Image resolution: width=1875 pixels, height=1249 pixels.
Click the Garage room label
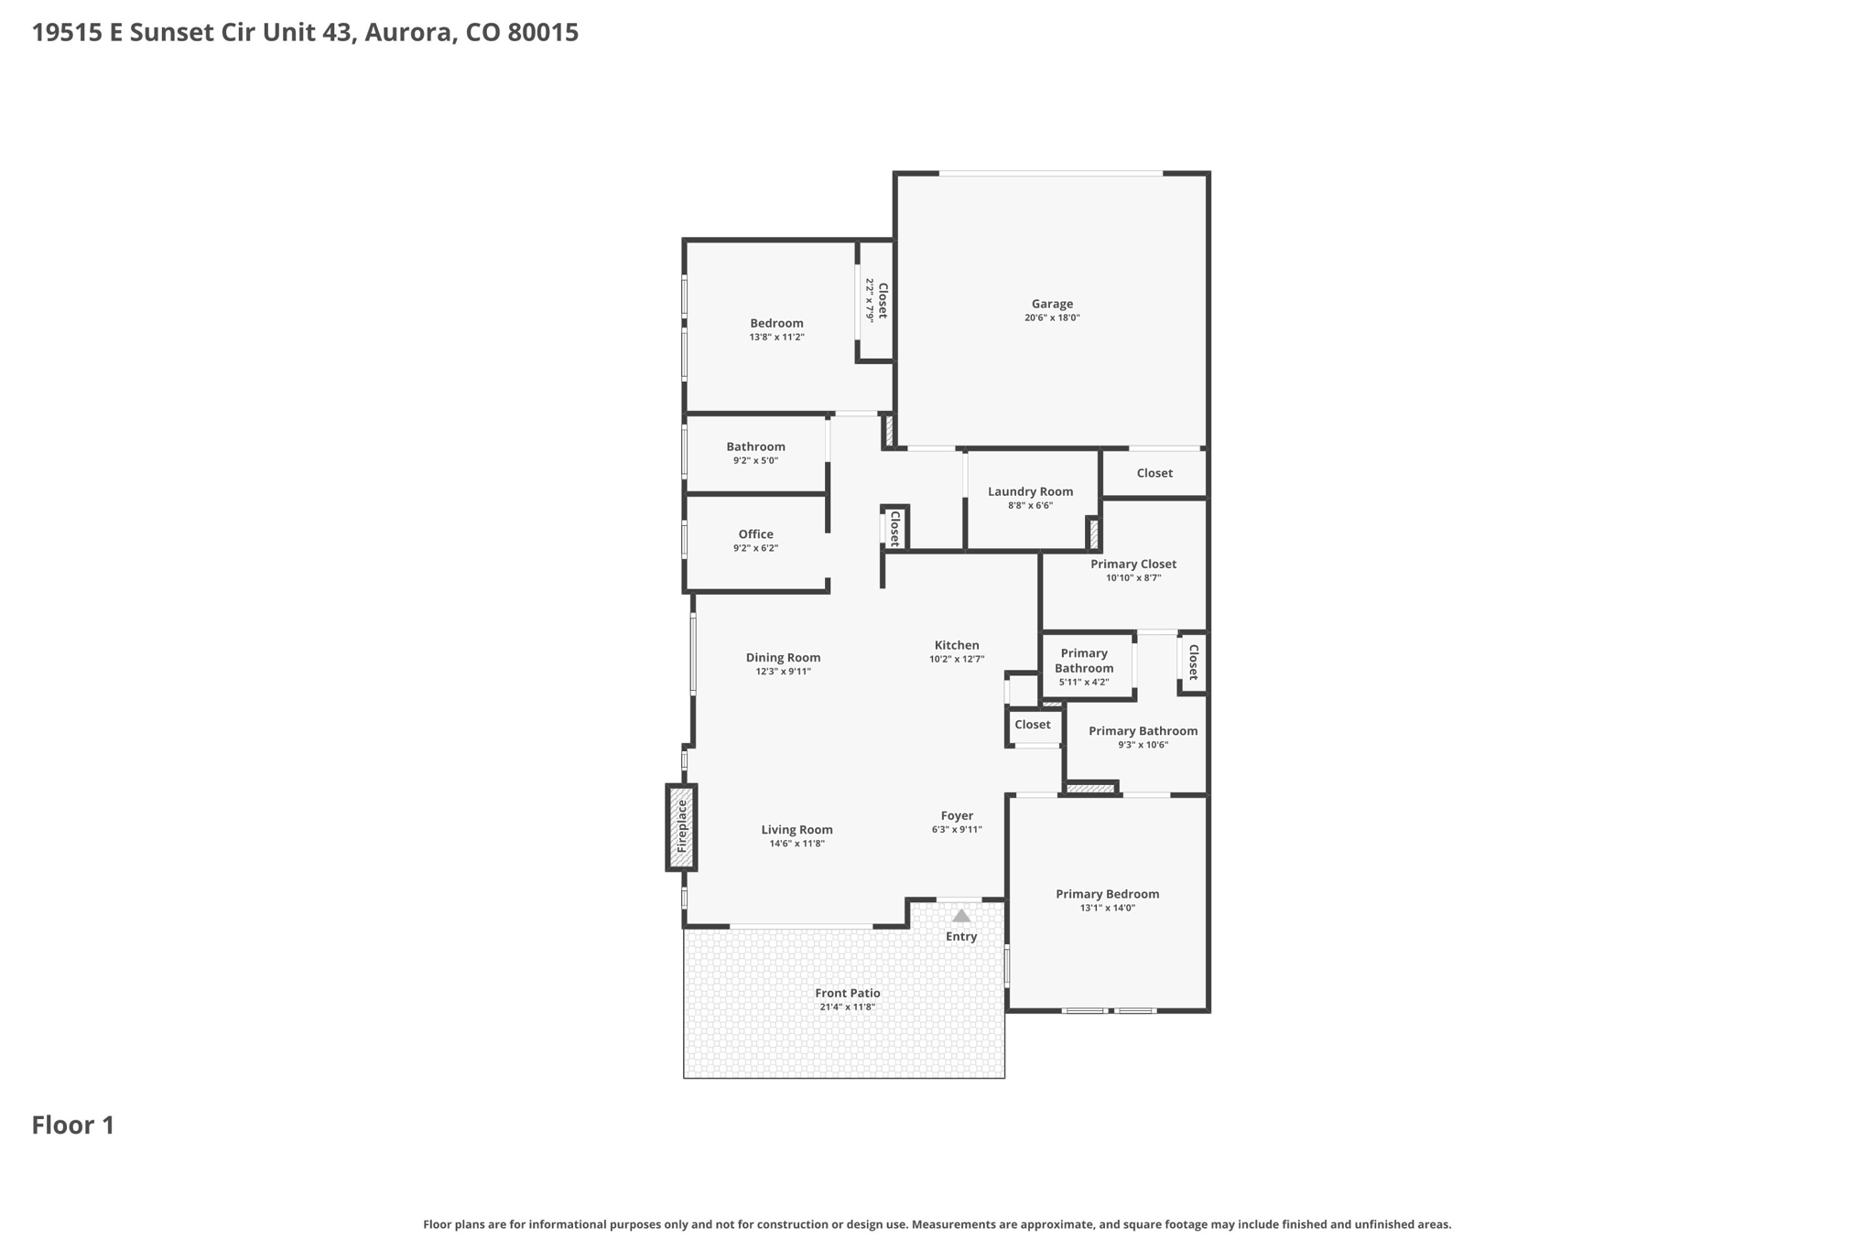[1052, 304]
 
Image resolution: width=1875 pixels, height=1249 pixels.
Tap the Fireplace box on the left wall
[681, 827]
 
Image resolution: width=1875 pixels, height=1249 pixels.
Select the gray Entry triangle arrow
[960, 915]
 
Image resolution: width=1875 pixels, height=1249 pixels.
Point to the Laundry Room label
[1030, 491]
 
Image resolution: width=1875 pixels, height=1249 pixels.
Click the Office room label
[755, 534]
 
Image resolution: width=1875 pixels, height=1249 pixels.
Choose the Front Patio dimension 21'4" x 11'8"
[847, 1007]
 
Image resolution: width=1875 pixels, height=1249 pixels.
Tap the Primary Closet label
[1133, 565]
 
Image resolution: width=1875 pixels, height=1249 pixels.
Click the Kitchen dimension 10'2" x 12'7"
[957, 659]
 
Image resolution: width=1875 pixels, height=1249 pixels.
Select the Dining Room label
[783, 658]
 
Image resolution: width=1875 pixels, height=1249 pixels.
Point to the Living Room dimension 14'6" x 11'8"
[797, 844]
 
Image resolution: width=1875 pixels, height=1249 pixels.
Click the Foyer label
[957, 816]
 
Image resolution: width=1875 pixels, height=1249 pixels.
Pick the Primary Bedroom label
[1107, 894]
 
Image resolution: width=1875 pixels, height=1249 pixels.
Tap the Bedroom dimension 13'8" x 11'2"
[776, 338]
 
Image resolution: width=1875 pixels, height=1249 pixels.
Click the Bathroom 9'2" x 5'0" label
[755, 453]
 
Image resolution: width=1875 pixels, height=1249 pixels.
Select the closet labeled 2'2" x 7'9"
[876, 301]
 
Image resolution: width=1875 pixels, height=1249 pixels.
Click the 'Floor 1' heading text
[73, 1125]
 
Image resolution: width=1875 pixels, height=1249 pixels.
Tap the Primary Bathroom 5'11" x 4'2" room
[1087, 666]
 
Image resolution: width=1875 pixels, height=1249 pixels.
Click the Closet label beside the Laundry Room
[1154, 473]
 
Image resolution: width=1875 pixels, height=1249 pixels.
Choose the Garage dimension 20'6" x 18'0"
[1052, 318]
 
